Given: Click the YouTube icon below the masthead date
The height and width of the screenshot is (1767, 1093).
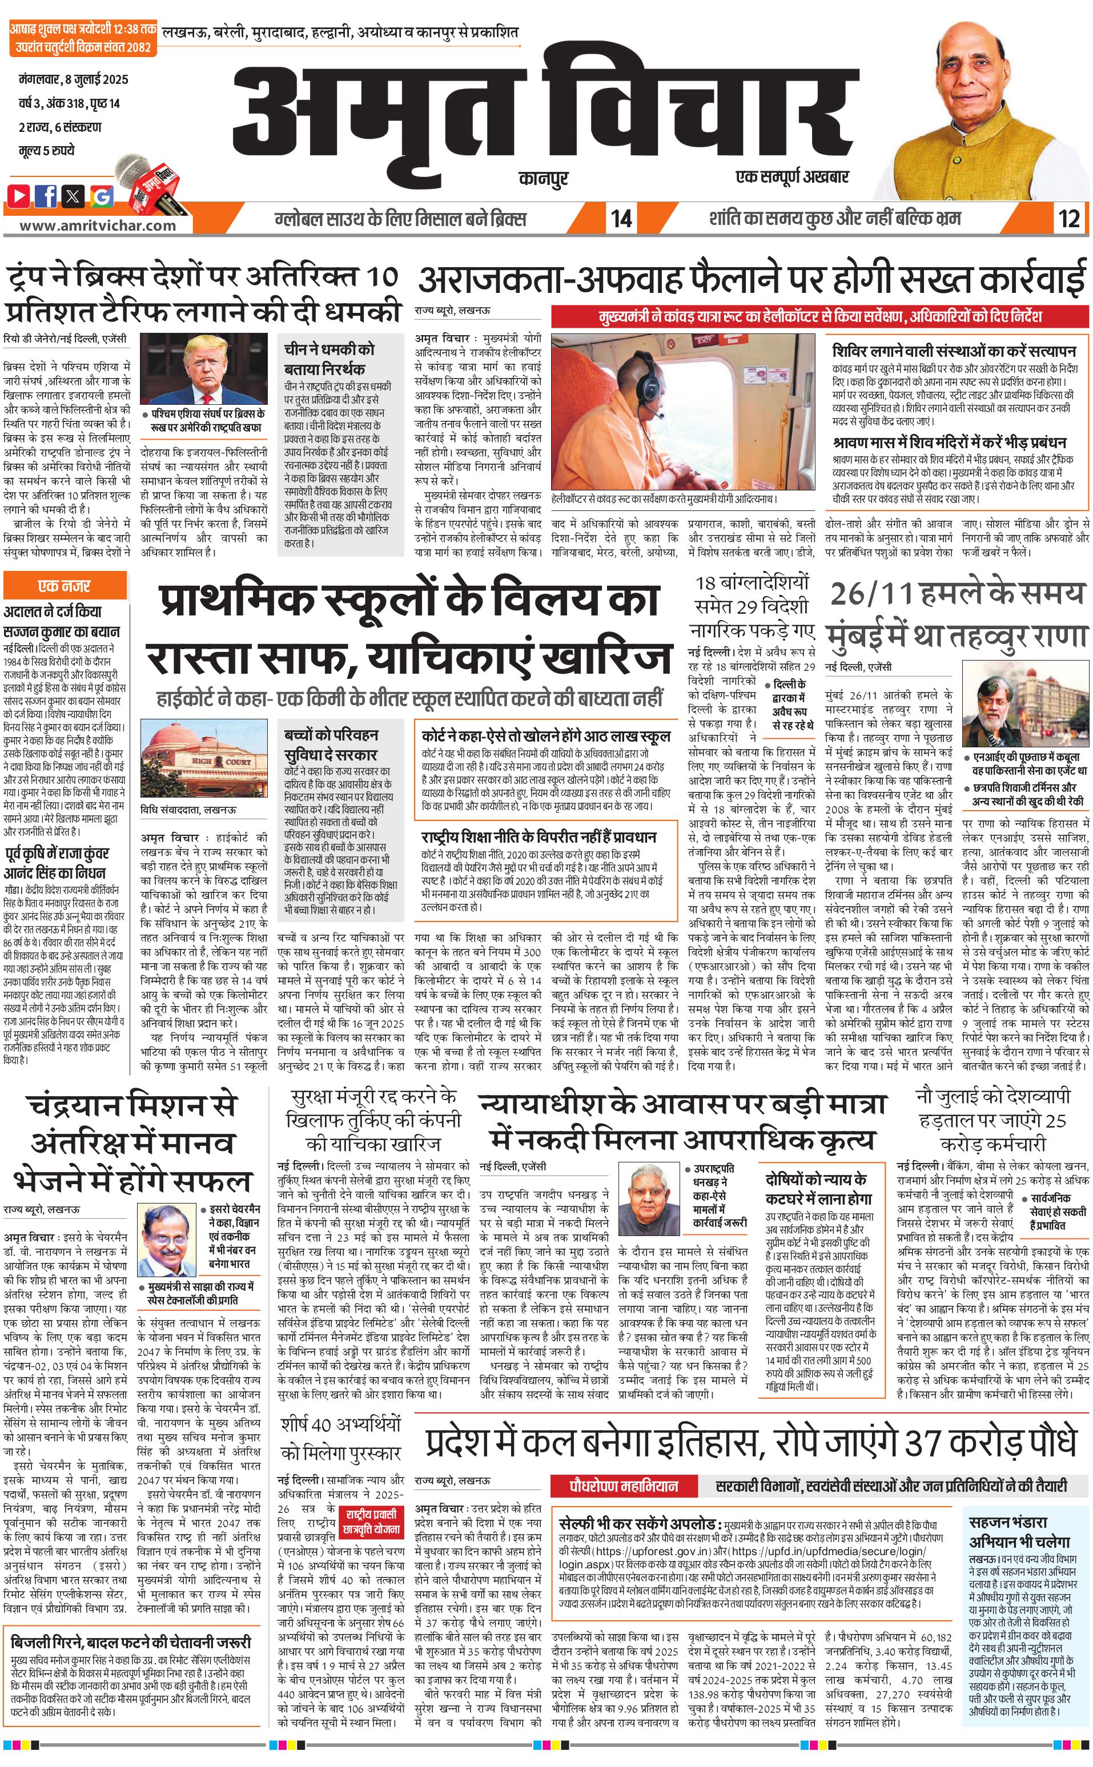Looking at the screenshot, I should pos(19,195).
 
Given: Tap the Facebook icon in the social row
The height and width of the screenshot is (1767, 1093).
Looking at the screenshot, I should pos(46,195).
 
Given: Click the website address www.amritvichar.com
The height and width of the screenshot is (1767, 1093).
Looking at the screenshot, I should pos(97,225).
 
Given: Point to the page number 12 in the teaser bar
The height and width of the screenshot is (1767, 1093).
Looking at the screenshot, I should pos(1069,218).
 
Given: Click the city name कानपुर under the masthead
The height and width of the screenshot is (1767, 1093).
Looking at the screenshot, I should pos(543,177).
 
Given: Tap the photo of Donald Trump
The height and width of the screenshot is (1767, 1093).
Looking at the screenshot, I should pos(204,370).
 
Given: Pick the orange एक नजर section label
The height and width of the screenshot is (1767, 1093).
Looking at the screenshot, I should pos(65,586).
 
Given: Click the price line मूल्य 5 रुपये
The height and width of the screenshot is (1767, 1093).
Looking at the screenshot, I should pos(47,151).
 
